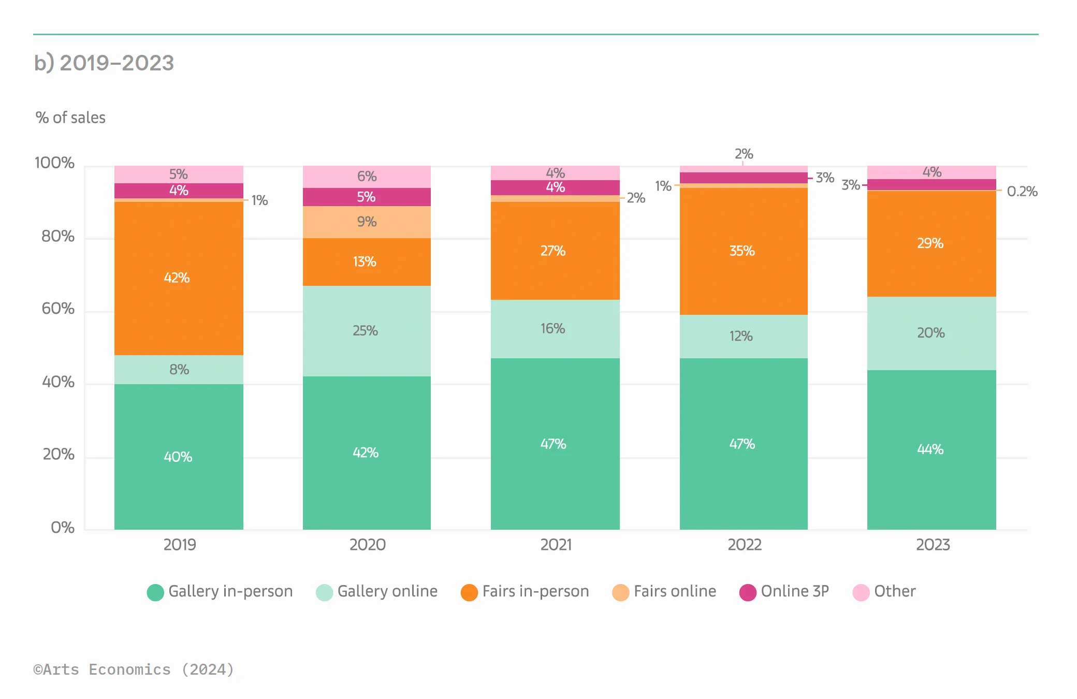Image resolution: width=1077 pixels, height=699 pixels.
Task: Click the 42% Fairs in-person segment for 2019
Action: pyautogui.click(x=179, y=278)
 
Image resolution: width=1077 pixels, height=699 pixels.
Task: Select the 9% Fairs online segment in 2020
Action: pyautogui.click(x=367, y=222)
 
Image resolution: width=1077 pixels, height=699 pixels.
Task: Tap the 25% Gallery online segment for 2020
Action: pyautogui.click(x=367, y=331)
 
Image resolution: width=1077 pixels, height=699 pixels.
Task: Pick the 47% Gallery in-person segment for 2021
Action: pyautogui.click(x=555, y=444)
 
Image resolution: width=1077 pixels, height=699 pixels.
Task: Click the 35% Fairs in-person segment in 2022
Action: pyautogui.click(x=743, y=251)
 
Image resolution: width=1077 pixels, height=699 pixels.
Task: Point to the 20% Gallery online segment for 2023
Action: pyautogui.click(x=931, y=333)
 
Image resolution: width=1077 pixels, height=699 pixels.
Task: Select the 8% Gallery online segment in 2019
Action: pyautogui.click(x=179, y=370)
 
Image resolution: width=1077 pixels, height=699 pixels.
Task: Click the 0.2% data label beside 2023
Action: pyautogui.click(x=1022, y=192)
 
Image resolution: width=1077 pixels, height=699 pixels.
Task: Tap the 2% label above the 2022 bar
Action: pyautogui.click(x=744, y=154)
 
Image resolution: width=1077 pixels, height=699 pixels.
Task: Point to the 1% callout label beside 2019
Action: pyautogui.click(x=259, y=200)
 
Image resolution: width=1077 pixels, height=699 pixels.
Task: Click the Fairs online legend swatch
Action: pyautogui.click(x=620, y=592)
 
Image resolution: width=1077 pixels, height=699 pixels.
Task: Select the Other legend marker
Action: pyautogui.click(x=861, y=592)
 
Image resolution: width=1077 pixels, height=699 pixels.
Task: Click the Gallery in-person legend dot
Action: pyautogui.click(x=155, y=592)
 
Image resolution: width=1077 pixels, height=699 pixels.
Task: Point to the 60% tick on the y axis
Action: pyautogui.click(x=58, y=309)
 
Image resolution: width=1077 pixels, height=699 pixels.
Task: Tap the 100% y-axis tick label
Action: pyautogui.click(x=54, y=163)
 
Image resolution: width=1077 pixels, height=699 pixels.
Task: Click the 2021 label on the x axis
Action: pyautogui.click(x=556, y=545)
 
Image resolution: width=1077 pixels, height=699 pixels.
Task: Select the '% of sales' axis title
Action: pyautogui.click(x=70, y=118)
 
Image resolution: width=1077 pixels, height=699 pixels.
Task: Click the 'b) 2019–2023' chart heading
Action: pyautogui.click(x=104, y=63)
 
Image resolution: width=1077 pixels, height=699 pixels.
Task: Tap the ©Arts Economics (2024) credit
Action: pyautogui.click(x=134, y=669)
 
